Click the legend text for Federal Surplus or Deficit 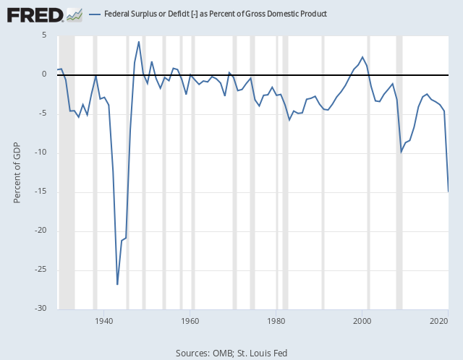[x=215, y=14]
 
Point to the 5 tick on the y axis [x=44, y=35]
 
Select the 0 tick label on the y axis [x=44, y=74]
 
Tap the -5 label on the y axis [x=43, y=113]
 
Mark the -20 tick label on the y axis [x=41, y=231]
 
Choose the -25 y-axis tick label [x=41, y=270]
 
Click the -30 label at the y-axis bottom [x=41, y=309]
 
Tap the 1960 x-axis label [x=190, y=320]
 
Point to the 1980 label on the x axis [x=276, y=320]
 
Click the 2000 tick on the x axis [x=362, y=320]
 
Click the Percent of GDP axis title [x=18, y=172]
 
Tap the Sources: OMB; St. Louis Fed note [x=231, y=353]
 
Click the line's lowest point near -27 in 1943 [x=117, y=284]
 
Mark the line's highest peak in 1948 [x=139, y=42]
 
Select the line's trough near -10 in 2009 [x=402, y=152]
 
